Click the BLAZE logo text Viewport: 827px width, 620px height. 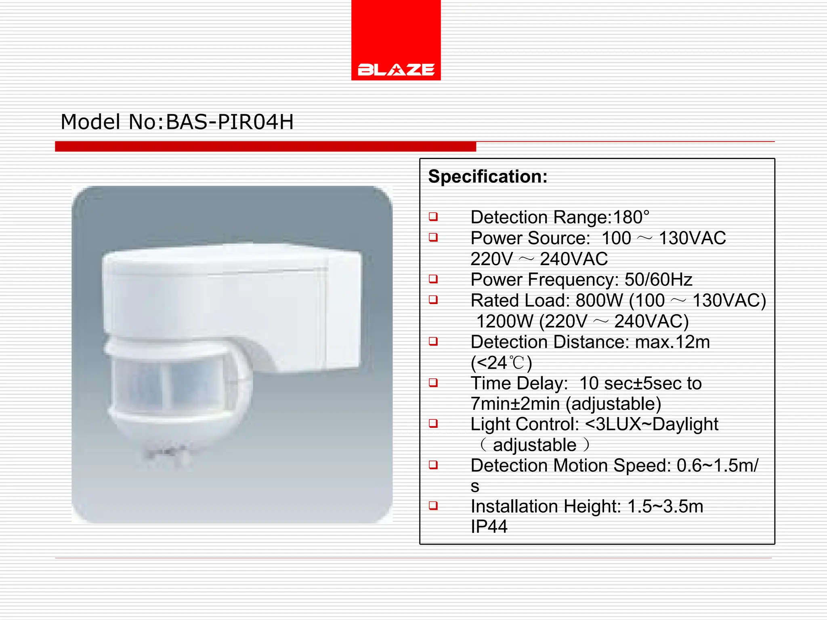pos(396,70)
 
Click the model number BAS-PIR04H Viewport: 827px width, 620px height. pos(229,122)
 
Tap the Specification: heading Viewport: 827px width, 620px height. pos(488,176)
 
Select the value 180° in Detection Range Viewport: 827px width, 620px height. pos(631,217)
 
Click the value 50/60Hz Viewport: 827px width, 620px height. pos(658,279)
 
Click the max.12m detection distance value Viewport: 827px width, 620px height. pos(672,342)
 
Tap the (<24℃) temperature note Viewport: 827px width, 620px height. pos(501,363)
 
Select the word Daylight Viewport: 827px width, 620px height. pos(685,424)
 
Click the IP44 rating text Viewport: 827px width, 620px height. pos(489,526)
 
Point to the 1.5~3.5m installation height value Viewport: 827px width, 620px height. pos(665,506)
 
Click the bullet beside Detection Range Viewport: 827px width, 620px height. pos(433,217)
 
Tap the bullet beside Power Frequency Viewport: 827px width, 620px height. pos(433,279)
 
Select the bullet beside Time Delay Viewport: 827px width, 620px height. pos(433,383)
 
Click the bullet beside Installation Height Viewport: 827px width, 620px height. pos(433,505)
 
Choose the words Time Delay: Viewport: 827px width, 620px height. pos(519,383)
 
